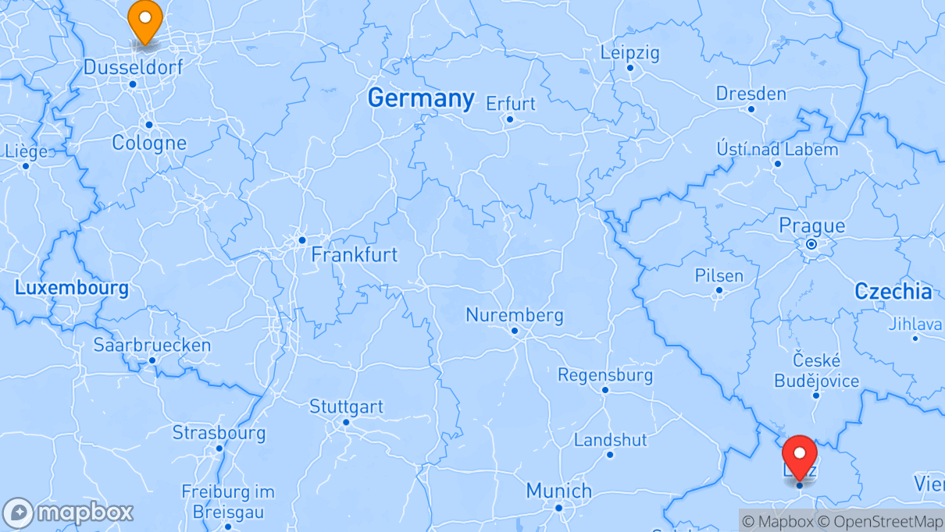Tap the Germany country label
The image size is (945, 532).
click(420, 98)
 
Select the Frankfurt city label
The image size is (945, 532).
click(354, 254)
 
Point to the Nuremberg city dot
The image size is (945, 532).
click(515, 331)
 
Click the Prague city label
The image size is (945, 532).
click(811, 226)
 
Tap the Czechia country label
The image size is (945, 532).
click(893, 292)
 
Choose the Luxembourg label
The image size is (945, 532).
click(72, 288)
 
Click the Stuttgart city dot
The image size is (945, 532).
click(346, 422)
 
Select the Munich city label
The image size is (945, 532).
click(558, 491)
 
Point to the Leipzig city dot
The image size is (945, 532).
click(630, 67)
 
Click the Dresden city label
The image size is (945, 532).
click(751, 94)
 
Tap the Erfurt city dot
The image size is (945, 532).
click(509, 119)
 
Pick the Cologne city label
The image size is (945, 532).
click(149, 143)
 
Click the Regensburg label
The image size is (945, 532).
click(604, 375)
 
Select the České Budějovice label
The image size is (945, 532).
click(816, 371)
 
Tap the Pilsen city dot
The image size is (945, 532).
click(719, 291)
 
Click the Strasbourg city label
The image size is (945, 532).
click(219, 433)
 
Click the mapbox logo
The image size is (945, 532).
click(69, 512)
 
